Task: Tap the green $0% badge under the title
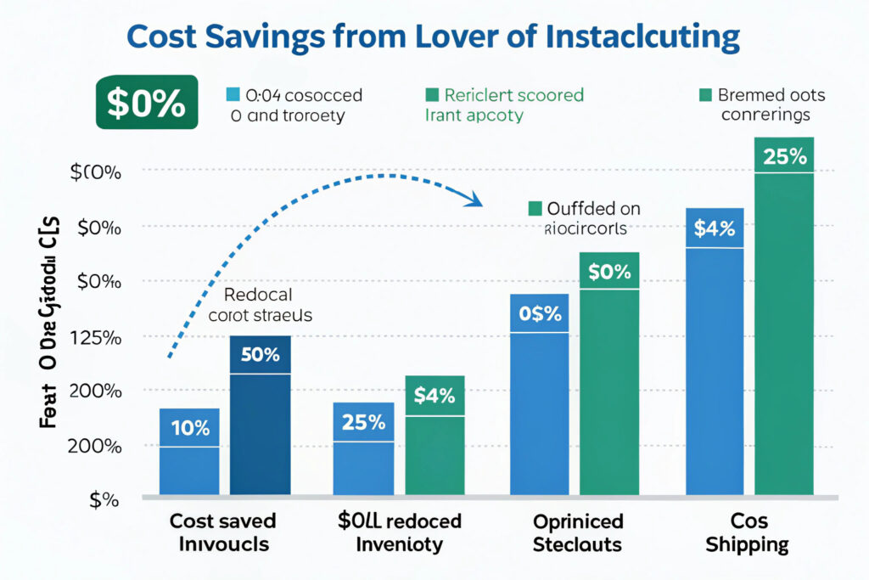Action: click(x=145, y=103)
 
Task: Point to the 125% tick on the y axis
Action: click(x=98, y=337)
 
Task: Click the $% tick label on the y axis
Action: click(x=102, y=500)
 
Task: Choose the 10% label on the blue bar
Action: click(x=190, y=428)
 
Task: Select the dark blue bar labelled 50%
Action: click(x=261, y=416)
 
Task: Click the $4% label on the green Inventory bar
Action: click(x=434, y=396)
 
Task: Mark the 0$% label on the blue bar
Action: click(x=540, y=313)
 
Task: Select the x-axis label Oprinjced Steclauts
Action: click(x=577, y=532)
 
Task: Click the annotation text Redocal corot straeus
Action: click(x=260, y=305)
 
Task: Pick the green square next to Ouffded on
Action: click(x=535, y=209)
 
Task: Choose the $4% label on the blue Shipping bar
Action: click(x=715, y=228)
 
